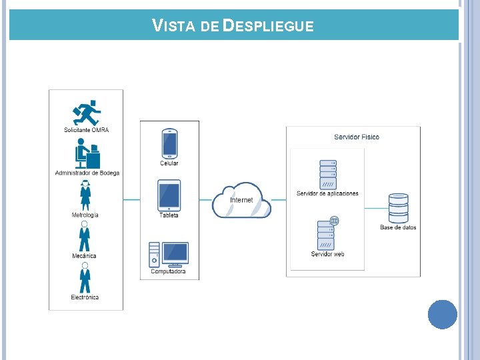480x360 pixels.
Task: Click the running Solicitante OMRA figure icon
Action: [87, 113]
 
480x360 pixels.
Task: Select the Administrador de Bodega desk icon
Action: [87, 153]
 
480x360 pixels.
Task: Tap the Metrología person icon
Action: [85, 195]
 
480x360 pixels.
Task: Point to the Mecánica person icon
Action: [85, 236]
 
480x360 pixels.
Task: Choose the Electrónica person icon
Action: [85, 277]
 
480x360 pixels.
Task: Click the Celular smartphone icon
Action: [169, 143]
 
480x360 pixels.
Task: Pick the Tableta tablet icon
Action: [169, 195]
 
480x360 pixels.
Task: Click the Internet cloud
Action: [241, 200]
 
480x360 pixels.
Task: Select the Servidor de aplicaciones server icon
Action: [328, 175]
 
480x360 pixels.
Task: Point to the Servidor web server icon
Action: [326, 235]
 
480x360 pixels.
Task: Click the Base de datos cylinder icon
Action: [398, 208]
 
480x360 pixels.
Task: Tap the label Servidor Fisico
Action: [357, 137]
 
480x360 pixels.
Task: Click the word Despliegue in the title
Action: [268, 25]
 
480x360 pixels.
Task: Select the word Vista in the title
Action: [173, 25]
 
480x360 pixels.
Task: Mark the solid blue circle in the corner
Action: [443, 315]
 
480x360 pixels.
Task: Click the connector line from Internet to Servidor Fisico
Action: [279, 200]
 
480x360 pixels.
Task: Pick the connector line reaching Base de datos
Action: [377, 208]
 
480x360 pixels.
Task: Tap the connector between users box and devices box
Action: [131, 200]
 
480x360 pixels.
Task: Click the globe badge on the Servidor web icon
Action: [334, 221]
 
